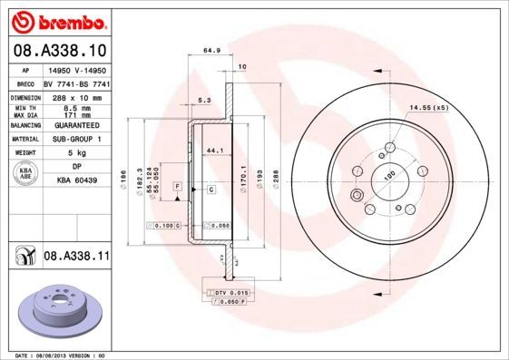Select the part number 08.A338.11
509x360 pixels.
point(76,257)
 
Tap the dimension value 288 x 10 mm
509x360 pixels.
point(76,95)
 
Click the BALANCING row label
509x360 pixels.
point(24,126)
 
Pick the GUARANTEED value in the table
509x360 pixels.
point(76,126)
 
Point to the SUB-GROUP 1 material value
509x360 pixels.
point(76,140)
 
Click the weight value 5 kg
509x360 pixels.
point(76,153)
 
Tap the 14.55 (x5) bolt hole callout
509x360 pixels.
point(428,109)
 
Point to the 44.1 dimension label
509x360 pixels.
point(214,150)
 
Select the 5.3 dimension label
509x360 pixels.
point(205,101)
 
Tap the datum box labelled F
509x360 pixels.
point(177,185)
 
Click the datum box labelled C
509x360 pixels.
point(210,189)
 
